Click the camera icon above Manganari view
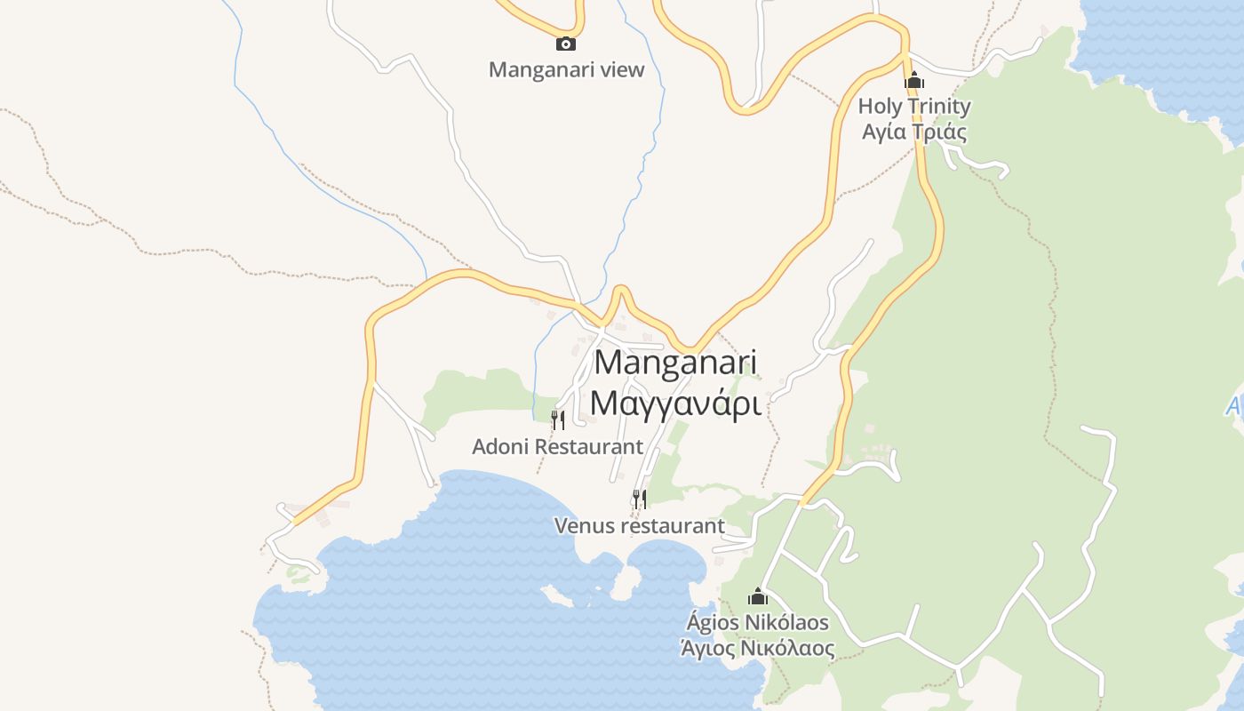566,44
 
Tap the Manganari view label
566,69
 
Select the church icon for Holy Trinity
914,82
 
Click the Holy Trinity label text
914,107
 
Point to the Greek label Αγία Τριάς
914,132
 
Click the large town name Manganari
675,363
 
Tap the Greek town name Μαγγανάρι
675,403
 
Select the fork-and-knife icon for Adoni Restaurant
558,419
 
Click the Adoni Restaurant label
557,446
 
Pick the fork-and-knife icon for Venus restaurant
640,499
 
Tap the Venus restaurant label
640,526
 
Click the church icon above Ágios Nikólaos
758,596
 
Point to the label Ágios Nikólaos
757,622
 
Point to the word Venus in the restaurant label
584,526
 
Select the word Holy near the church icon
879,107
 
